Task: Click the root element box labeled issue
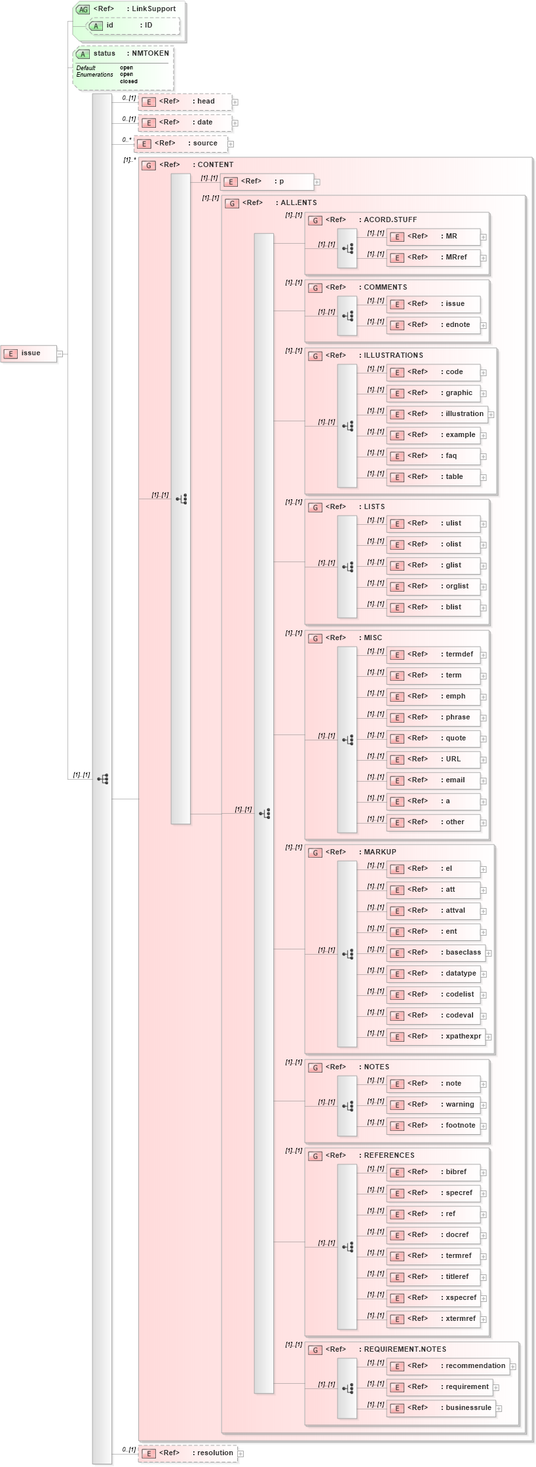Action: pyautogui.click(x=28, y=353)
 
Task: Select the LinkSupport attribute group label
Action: pyautogui.click(x=153, y=9)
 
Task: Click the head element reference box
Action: pyautogui.click(x=185, y=102)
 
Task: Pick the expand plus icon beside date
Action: pyautogui.click(x=235, y=123)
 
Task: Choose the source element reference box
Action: pyautogui.click(x=181, y=143)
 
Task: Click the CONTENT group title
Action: pyautogui.click(x=215, y=165)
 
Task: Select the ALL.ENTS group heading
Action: pyautogui.click(x=298, y=203)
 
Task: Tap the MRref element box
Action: pyautogui.click(x=434, y=257)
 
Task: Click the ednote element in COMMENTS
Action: pyautogui.click(x=434, y=325)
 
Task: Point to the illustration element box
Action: pyautogui.click(x=437, y=414)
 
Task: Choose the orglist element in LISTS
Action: pyautogui.click(x=434, y=586)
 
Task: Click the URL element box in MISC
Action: pyautogui.click(x=434, y=759)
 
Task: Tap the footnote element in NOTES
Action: pyautogui.click(x=434, y=1126)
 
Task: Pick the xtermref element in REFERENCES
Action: pyautogui.click(x=434, y=1319)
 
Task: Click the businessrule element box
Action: pyautogui.click(x=441, y=1408)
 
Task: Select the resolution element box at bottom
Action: pyautogui.click(x=187, y=1453)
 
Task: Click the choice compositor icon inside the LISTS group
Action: pyautogui.click(x=347, y=567)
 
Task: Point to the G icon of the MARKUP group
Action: pyautogui.click(x=315, y=852)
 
